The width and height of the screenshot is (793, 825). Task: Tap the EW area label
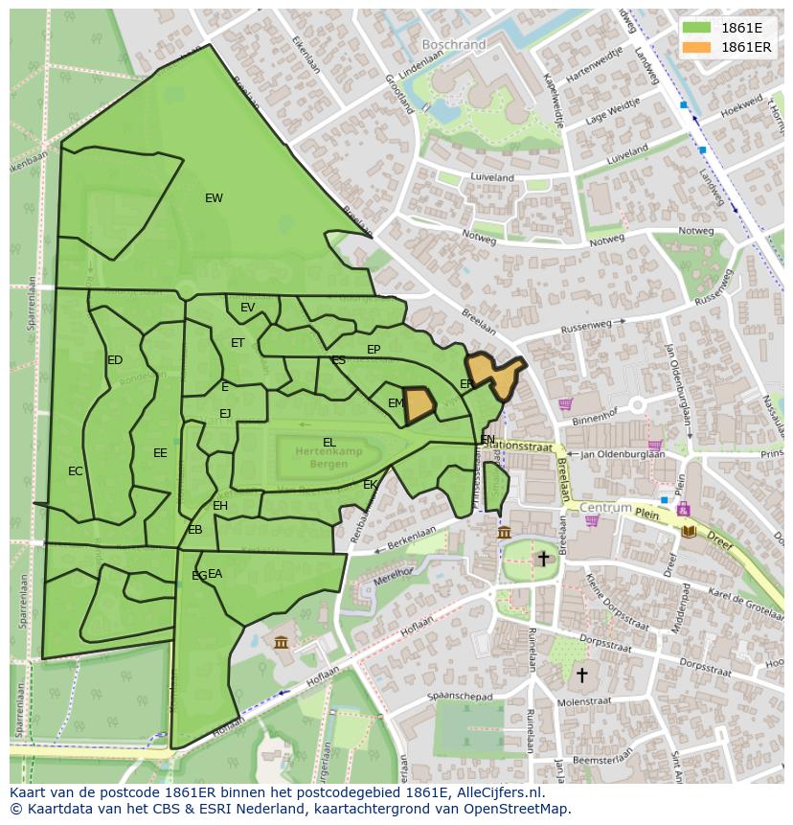pos(214,198)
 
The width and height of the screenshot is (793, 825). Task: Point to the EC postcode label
pos(76,471)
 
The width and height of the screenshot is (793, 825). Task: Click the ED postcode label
pos(115,360)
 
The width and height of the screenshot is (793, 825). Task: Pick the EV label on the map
pos(248,308)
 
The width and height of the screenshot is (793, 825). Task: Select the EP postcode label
pos(374,350)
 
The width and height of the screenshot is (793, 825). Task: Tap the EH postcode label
pos(220,506)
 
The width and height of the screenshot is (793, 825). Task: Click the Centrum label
pos(606,507)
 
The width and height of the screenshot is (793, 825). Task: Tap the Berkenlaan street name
pos(404,538)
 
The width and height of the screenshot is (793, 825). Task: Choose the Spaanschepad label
pos(462,697)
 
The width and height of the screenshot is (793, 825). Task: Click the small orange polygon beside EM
pos(419,405)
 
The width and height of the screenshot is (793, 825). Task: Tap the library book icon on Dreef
pos(689,530)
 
